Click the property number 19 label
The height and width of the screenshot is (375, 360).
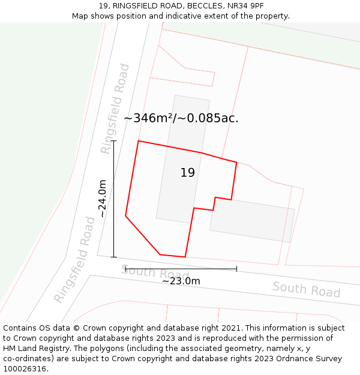coord(188,173)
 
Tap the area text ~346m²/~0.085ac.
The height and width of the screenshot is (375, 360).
coord(181,118)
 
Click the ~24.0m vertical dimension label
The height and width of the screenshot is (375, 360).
coord(103,199)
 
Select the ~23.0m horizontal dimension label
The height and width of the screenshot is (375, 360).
coord(181,281)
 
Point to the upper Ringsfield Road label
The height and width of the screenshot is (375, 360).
coord(116,109)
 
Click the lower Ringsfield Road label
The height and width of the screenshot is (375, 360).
coord(74,260)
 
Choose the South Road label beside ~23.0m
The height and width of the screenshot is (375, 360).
coord(155,273)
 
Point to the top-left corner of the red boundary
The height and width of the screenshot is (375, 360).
coord(139,141)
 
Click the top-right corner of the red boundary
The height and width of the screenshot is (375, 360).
coord(236,163)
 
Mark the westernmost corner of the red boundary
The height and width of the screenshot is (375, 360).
coord(125,215)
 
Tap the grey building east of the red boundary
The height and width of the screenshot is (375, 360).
coord(252,220)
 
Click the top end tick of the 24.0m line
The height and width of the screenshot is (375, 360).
coord(113,141)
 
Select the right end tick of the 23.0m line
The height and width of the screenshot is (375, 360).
coord(236,269)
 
